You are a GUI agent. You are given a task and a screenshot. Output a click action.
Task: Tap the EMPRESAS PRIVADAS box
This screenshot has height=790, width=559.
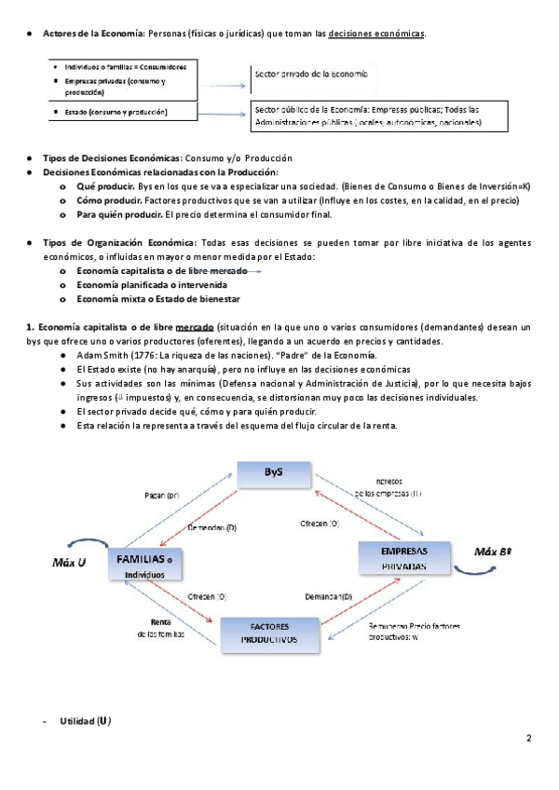click(x=403, y=557)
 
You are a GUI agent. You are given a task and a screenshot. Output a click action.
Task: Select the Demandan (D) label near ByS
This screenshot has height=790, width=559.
click(x=212, y=527)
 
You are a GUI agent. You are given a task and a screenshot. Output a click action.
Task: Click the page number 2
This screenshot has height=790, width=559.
click(x=528, y=740)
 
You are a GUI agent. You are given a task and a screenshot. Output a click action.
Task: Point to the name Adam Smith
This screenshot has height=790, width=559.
click(x=103, y=356)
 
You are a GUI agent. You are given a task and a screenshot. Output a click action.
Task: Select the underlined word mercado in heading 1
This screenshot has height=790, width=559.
click(x=190, y=327)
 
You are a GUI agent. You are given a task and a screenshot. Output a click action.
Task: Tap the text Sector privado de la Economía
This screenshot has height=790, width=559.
click(x=311, y=73)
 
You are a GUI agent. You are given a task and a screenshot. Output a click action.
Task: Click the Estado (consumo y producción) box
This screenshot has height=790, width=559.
click(x=123, y=113)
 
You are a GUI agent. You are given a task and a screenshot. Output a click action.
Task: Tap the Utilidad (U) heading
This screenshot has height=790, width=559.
click(x=86, y=721)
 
